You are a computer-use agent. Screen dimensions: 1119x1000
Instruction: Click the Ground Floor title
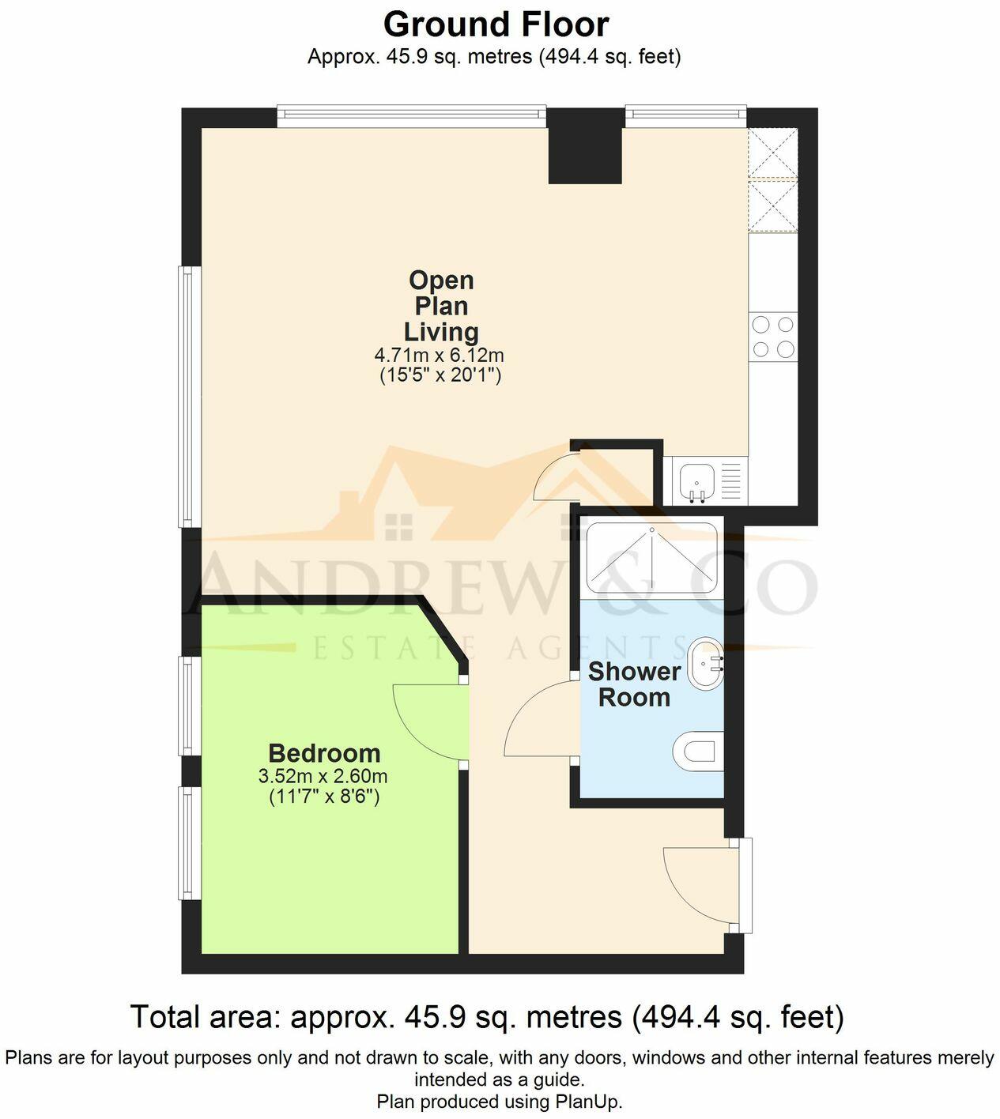tap(496, 24)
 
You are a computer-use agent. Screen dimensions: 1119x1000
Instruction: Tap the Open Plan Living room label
tap(441, 306)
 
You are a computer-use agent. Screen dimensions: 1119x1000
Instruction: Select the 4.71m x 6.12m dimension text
tap(440, 356)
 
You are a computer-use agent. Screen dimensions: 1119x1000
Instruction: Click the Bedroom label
tap(324, 753)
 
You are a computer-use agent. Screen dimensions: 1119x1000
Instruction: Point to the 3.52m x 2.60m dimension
tap(323, 776)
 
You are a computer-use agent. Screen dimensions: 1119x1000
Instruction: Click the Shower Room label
tap(634, 684)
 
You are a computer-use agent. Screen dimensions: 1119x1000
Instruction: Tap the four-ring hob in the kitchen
tap(773, 337)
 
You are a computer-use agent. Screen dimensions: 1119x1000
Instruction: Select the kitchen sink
tap(696, 480)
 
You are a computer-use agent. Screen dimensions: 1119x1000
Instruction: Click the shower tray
tap(651, 557)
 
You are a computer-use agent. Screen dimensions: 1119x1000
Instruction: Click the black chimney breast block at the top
tap(586, 146)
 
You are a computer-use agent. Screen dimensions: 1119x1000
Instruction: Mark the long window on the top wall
tap(411, 118)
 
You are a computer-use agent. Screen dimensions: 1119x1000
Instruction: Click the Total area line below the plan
tap(487, 1017)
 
